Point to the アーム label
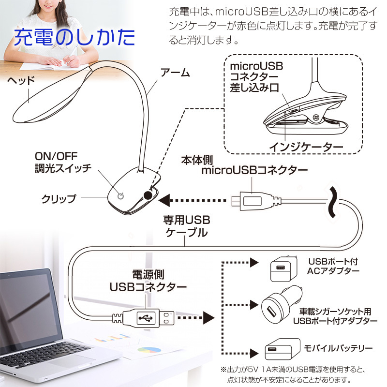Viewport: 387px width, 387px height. [175, 74]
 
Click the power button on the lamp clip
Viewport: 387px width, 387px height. [121, 195]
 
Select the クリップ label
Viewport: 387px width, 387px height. [59, 198]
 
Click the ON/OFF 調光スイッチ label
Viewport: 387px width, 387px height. [63, 163]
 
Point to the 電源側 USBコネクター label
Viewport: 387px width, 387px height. [148, 281]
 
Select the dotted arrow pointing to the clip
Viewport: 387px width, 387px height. [193, 199]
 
